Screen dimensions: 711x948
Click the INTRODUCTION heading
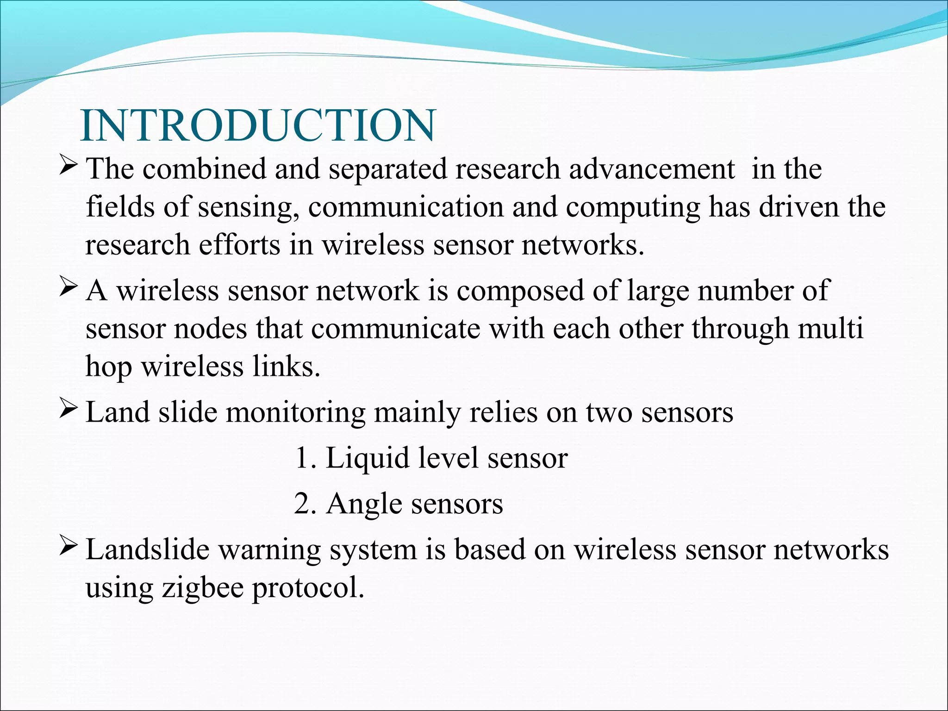tap(258, 126)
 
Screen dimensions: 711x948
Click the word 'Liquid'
tap(368, 458)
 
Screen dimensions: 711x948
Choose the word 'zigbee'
tap(203, 588)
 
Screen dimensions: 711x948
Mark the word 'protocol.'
tap(308, 588)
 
